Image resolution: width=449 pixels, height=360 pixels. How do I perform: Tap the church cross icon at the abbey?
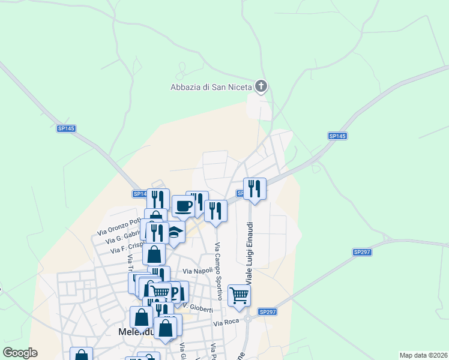[261, 87]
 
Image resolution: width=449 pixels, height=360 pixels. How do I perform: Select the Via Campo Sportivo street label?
[218, 271]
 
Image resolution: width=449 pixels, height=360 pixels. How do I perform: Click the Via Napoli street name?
[198, 271]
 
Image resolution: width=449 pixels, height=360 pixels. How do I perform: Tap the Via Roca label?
[227, 323]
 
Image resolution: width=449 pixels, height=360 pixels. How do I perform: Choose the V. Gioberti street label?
[198, 308]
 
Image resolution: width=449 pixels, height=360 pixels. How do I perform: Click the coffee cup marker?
[184, 206]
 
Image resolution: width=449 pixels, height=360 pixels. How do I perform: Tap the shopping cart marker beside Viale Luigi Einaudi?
[239, 295]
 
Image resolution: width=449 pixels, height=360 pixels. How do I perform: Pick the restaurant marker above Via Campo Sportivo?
[215, 211]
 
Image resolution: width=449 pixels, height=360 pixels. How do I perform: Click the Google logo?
[20, 353]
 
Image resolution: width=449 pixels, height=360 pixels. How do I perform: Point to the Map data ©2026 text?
[423, 355]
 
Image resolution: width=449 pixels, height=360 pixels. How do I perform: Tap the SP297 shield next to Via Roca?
[268, 312]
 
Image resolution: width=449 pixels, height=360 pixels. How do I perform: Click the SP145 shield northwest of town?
[66, 128]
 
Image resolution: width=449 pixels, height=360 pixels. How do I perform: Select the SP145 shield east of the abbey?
[337, 136]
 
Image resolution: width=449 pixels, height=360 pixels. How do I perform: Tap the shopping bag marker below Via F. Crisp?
[154, 254]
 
